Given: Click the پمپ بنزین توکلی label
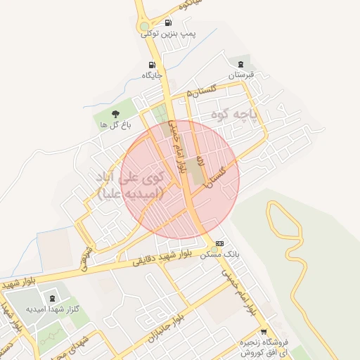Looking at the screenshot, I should point(169,33).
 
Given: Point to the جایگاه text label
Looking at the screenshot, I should point(152,75).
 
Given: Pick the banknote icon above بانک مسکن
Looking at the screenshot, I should point(219,243).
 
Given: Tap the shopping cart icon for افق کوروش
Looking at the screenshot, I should point(263,333).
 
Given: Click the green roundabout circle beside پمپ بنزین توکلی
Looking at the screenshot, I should point(144,27).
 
